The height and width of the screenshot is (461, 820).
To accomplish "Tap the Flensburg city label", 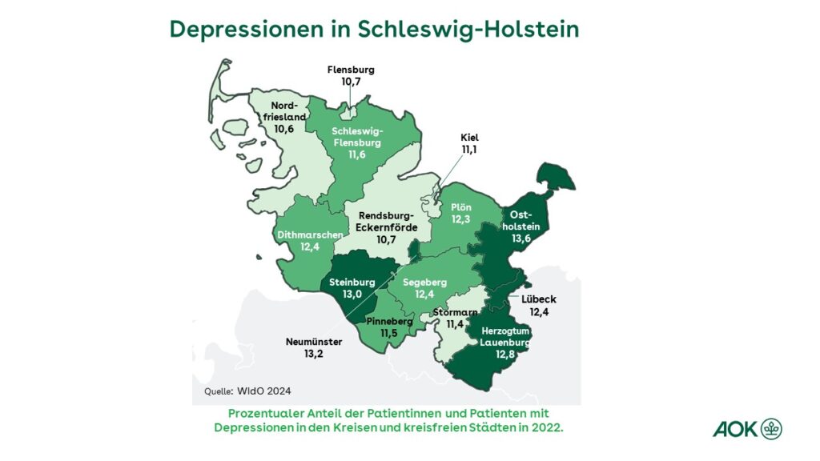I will pyautogui.click(x=351, y=70).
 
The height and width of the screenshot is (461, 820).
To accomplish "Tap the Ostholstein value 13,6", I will pyautogui.click(x=521, y=238).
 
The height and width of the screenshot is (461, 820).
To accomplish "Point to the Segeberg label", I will pyautogui.click(x=424, y=282).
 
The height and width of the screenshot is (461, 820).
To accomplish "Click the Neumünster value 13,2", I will pyautogui.click(x=314, y=355).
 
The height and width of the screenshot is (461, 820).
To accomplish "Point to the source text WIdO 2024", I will pyautogui.click(x=263, y=391).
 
